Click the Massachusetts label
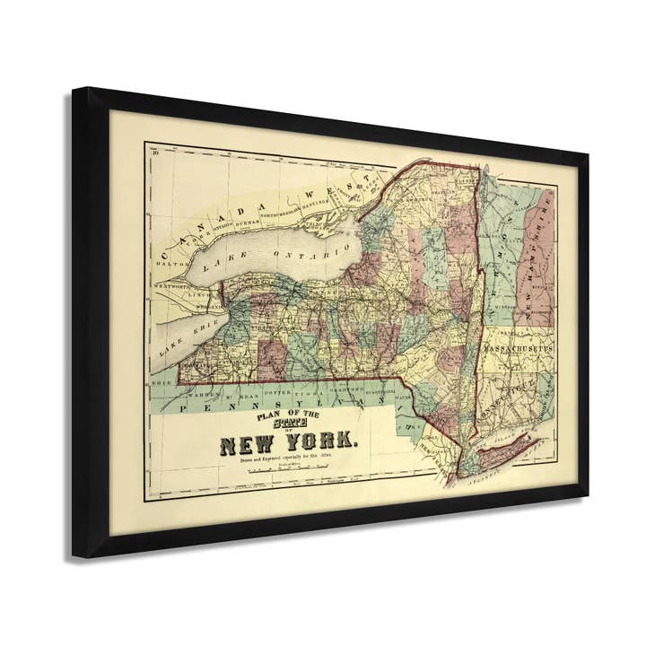(x=519, y=346)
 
